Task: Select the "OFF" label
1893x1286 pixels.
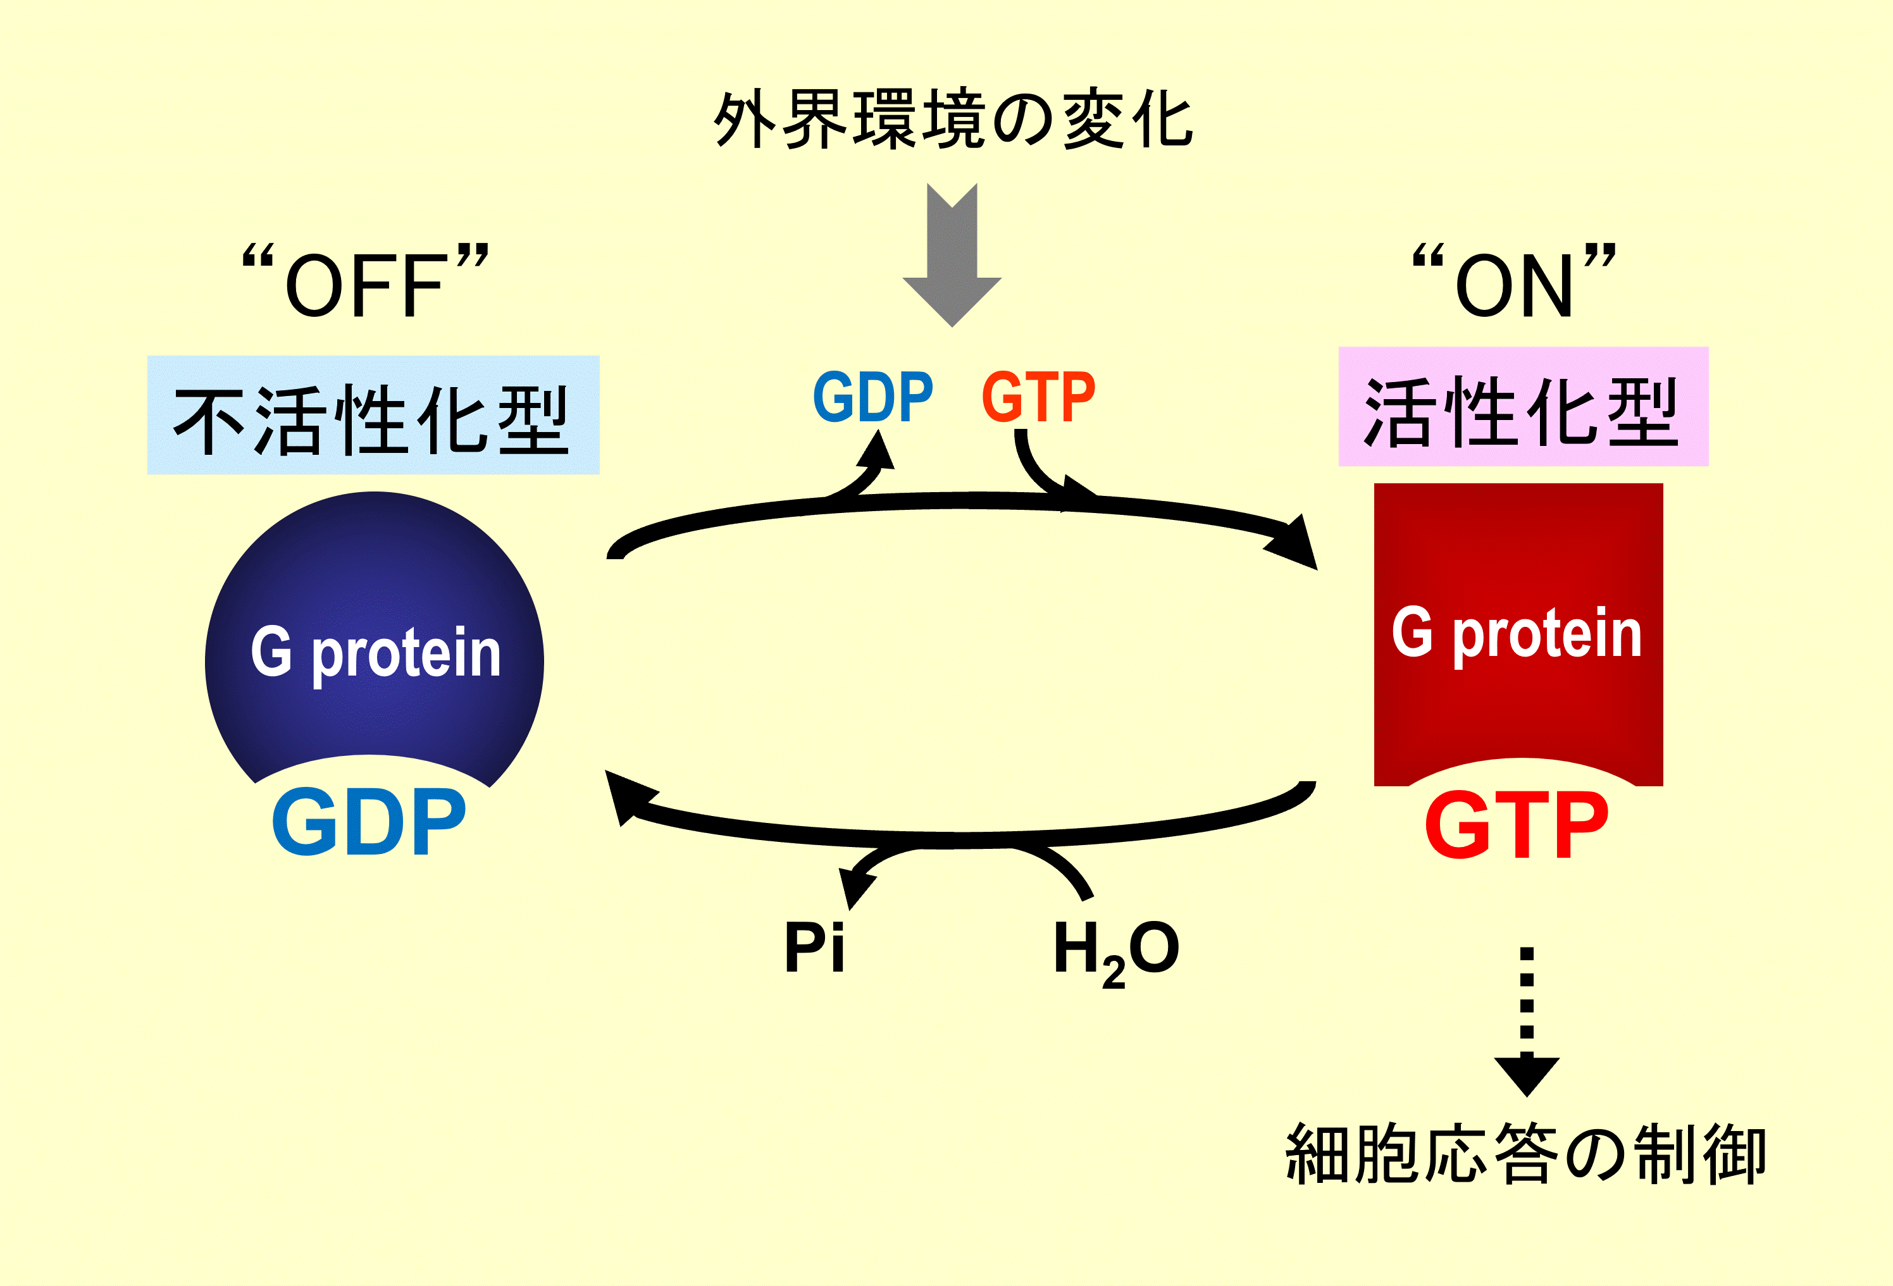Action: [366, 281]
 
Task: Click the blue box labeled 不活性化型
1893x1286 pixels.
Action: [373, 416]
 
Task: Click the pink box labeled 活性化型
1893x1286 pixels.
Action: [1524, 407]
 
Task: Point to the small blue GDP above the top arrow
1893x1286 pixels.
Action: [873, 397]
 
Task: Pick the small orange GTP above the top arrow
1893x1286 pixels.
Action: [1038, 397]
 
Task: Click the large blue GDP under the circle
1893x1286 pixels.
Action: [369, 822]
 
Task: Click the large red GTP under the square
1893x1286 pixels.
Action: [1517, 827]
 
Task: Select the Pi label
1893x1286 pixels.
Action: [814, 947]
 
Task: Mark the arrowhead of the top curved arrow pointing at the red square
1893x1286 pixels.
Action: [1295, 544]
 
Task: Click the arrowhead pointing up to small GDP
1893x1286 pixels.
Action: [878, 450]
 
